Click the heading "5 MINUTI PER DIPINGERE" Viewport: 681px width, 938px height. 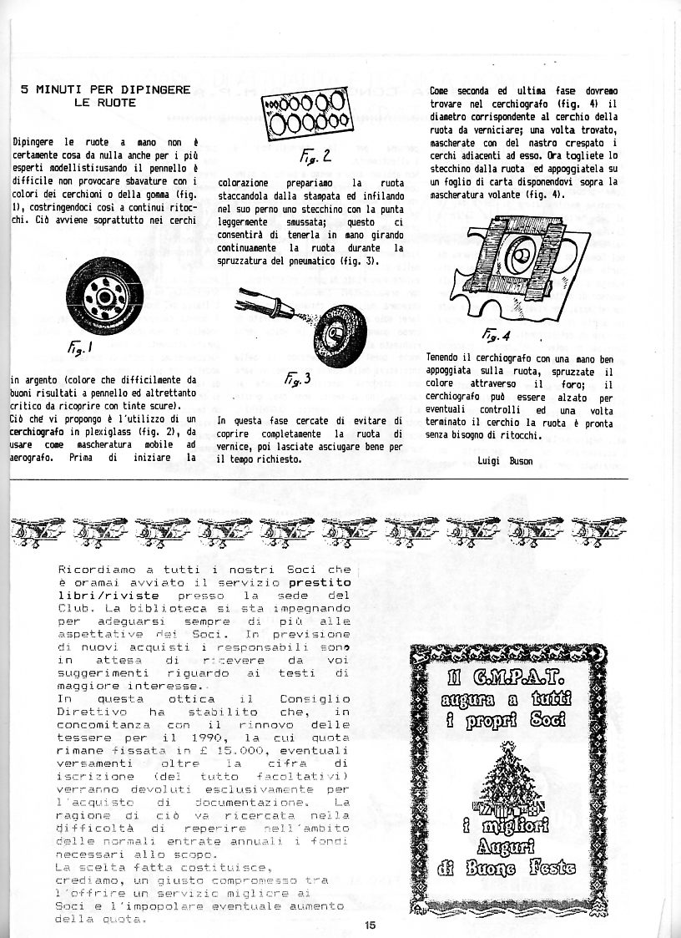click(106, 89)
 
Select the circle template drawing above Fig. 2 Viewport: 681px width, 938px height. click(308, 116)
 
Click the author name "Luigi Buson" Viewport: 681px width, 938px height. click(505, 460)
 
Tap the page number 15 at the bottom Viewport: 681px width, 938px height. click(371, 925)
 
